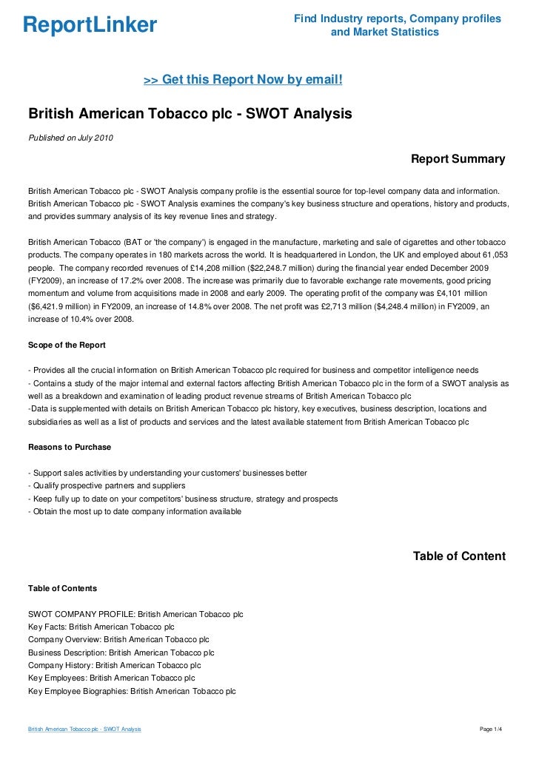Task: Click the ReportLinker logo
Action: [90, 26]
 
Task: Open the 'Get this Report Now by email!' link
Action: [243, 79]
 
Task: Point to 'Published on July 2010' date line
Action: [71, 137]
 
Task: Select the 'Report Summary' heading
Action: [458, 159]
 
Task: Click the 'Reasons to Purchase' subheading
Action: [69, 447]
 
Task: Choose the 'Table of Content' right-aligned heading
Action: [459, 556]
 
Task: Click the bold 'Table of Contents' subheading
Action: [62, 588]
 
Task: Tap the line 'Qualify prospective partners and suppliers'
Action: [106, 486]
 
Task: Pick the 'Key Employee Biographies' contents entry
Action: [131, 691]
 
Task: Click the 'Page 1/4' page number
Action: [492, 729]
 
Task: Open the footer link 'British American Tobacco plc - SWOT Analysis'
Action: [84, 729]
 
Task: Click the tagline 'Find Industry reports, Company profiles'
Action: [398, 18]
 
